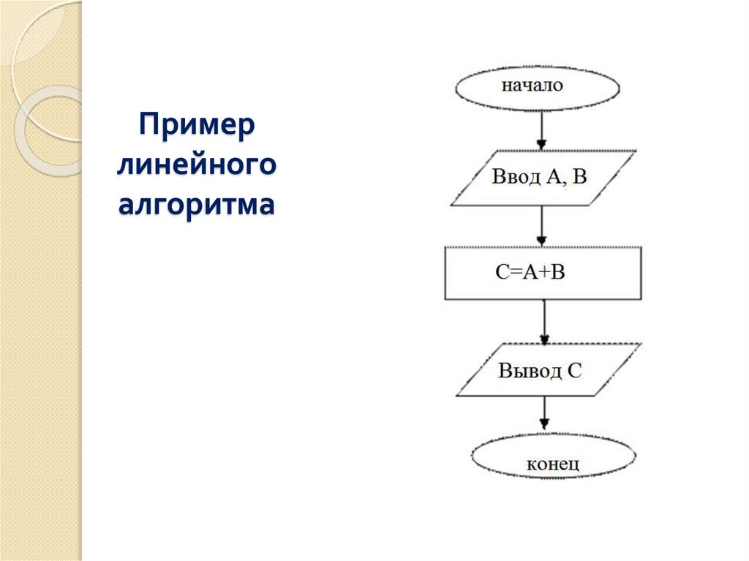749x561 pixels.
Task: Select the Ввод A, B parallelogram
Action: pos(542,178)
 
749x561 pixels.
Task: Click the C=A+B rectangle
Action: pos(543,273)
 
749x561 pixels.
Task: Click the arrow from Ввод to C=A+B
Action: pos(541,226)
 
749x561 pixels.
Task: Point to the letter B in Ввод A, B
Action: pos(579,178)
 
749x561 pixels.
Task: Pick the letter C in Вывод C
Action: pos(575,370)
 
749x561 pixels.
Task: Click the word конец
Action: pos(553,464)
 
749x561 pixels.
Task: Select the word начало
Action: pos(532,86)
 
